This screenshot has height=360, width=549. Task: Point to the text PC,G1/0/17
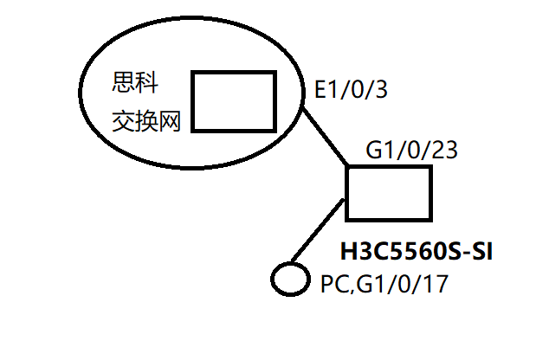tap(384, 283)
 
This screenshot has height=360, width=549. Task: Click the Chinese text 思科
tap(136, 84)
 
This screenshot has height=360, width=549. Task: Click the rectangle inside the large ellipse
tap(232, 101)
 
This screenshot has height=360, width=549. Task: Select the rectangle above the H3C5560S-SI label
tap(388, 192)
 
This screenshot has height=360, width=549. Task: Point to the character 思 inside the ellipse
tap(124, 84)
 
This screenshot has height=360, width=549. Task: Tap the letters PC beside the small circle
tap(333, 283)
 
